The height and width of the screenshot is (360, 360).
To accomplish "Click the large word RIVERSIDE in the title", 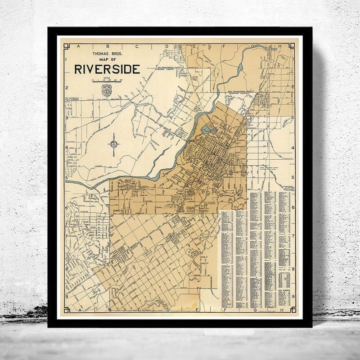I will (107, 69).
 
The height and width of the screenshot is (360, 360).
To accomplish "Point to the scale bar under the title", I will (107, 81).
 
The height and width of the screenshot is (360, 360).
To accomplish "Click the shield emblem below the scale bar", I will (107, 90).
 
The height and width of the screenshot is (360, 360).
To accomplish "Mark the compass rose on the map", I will (114, 144).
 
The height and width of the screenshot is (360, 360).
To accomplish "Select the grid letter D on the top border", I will (166, 46).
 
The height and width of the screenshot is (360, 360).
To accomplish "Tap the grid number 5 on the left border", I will (66, 177).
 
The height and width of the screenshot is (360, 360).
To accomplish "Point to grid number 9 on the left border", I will (66, 297).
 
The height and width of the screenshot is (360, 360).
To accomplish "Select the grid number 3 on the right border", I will (293, 118).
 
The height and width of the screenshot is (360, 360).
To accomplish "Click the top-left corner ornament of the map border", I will (66, 45).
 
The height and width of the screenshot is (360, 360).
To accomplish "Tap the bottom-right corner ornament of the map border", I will (293, 310).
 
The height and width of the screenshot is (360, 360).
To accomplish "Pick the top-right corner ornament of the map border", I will (293, 45).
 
